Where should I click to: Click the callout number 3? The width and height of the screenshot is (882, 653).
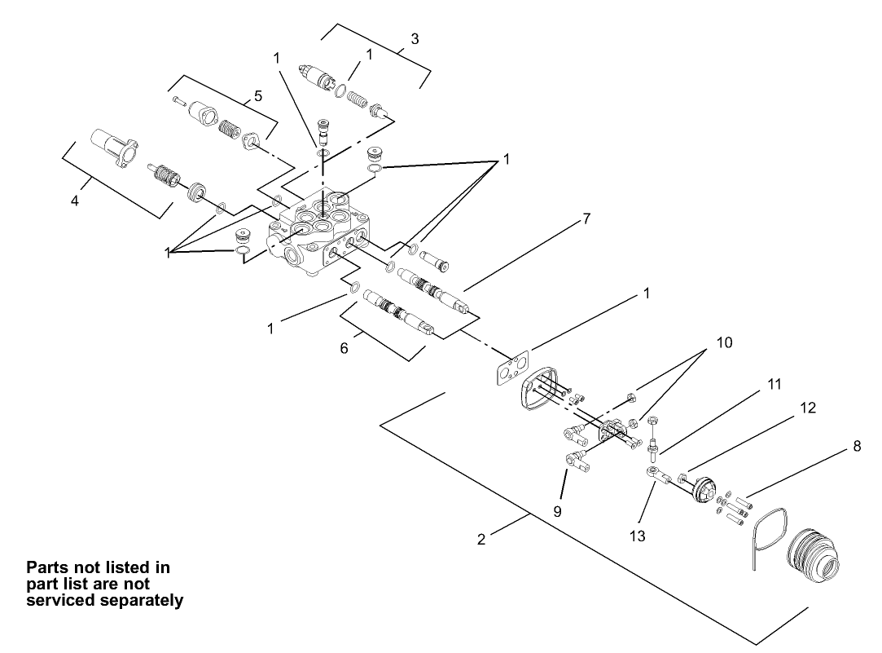tap(415, 38)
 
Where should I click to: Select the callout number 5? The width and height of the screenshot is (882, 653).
tap(258, 95)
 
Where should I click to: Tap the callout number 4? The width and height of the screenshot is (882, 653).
tap(75, 200)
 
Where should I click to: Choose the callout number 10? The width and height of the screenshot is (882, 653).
tap(724, 342)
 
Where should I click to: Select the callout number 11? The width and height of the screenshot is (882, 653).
tap(774, 382)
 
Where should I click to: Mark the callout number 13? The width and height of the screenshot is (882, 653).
tap(637, 536)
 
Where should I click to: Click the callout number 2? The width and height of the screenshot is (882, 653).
tap(481, 540)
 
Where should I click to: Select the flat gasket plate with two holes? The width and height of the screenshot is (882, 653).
tap(511, 369)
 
